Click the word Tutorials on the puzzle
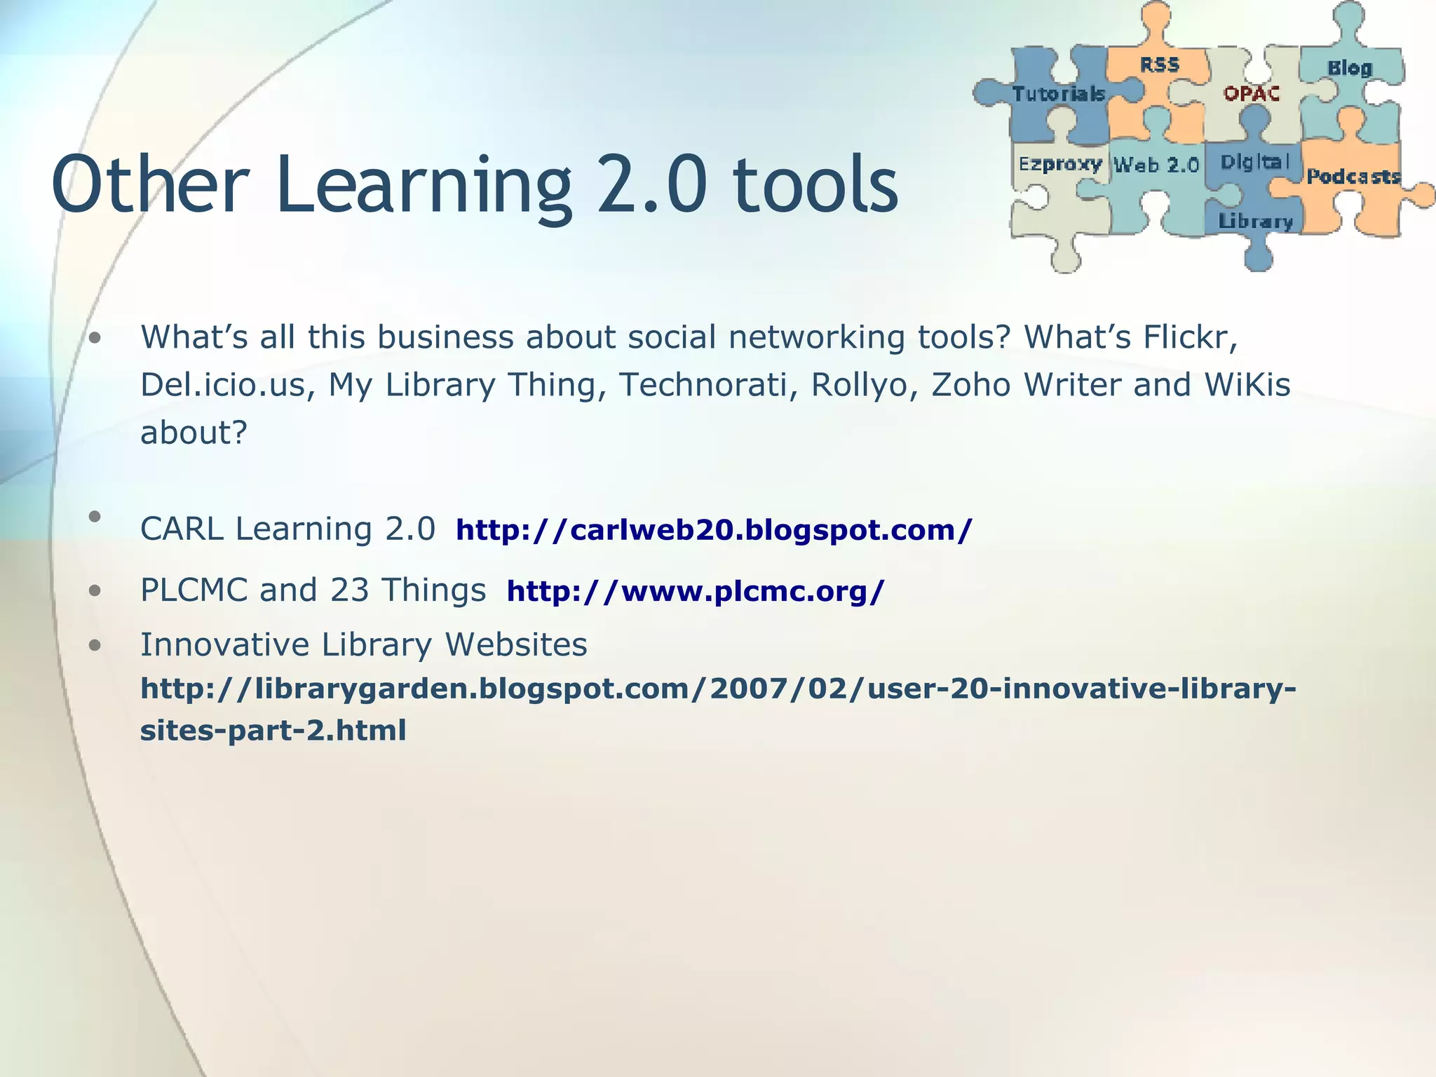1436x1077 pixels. tap(1059, 93)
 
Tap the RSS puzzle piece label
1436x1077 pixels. tap(1159, 65)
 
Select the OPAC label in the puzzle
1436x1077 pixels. tap(1252, 93)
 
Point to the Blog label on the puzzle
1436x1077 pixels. tap(1349, 68)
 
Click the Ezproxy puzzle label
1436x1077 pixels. tap(1060, 164)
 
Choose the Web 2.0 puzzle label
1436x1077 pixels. tap(1156, 165)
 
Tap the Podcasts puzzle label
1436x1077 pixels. tap(1353, 176)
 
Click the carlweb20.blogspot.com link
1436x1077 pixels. tap(714, 529)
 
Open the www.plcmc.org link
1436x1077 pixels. tap(695, 591)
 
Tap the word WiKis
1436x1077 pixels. tap(1247, 384)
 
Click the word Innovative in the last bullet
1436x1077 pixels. tap(224, 644)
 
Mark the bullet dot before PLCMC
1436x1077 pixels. tap(95, 590)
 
